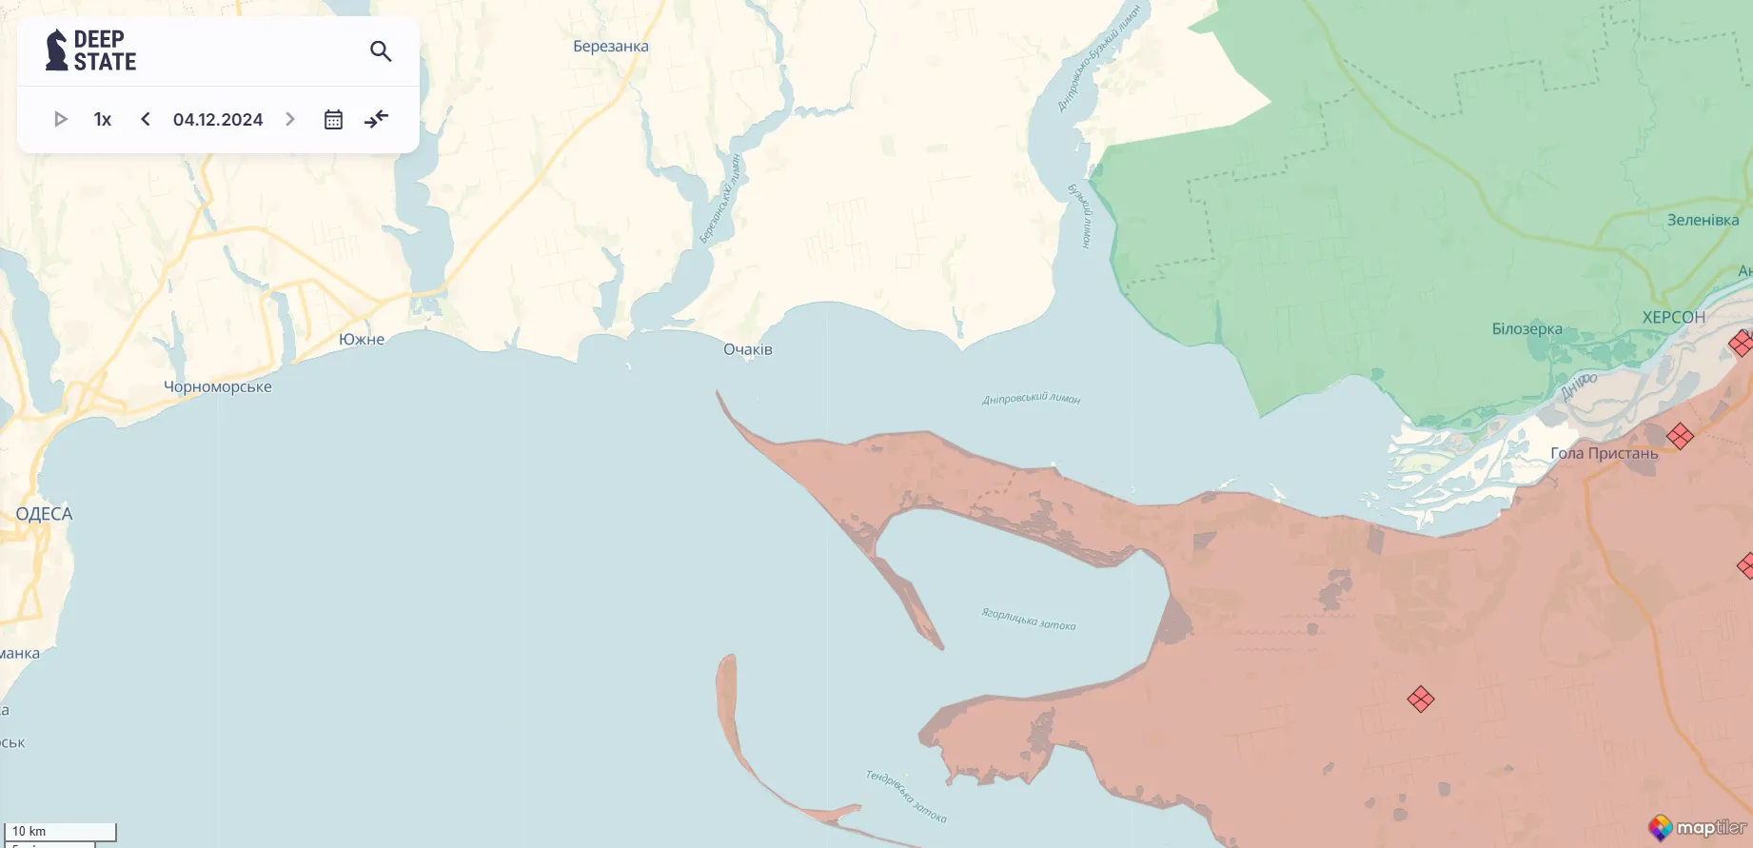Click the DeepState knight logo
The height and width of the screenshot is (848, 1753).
[57, 50]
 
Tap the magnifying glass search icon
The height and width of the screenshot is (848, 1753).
[381, 51]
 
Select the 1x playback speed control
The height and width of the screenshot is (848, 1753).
[103, 120]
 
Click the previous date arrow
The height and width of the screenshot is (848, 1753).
[146, 119]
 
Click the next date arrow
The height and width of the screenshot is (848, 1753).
[290, 119]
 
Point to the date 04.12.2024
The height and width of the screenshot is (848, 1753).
[218, 120]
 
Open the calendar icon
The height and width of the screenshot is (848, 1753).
[333, 119]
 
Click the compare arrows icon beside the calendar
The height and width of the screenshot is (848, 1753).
[377, 119]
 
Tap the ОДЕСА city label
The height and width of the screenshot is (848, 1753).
[44, 514]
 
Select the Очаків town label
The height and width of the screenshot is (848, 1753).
[748, 349]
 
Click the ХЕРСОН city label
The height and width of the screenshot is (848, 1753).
[1673, 317]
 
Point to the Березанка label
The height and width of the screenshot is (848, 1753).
[611, 46]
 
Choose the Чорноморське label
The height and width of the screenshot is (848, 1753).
[218, 386]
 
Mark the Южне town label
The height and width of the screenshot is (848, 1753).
[362, 339]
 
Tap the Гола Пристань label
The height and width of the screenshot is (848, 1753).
[1604, 453]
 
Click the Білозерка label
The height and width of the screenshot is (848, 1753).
[1526, 328]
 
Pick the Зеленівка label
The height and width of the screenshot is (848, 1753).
[1703, 220]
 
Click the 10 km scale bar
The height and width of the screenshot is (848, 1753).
[60, 831]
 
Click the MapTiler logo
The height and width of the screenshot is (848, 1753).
[1700, 827]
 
